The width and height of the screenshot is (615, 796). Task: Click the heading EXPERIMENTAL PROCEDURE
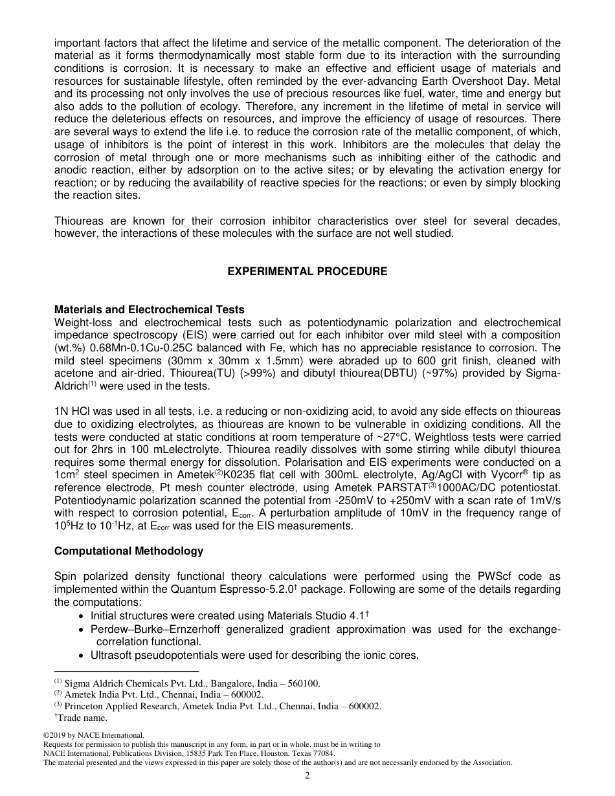coord(307,271)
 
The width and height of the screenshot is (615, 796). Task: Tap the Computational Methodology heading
coord(128,551)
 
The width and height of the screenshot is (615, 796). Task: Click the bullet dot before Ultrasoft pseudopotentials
coord(80,656)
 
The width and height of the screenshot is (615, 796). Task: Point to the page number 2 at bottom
coord(307,776)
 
